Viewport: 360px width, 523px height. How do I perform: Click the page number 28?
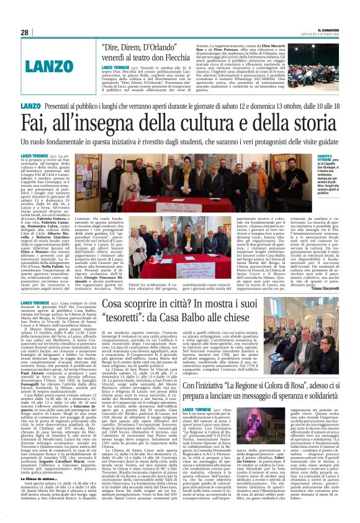[24, 32]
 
